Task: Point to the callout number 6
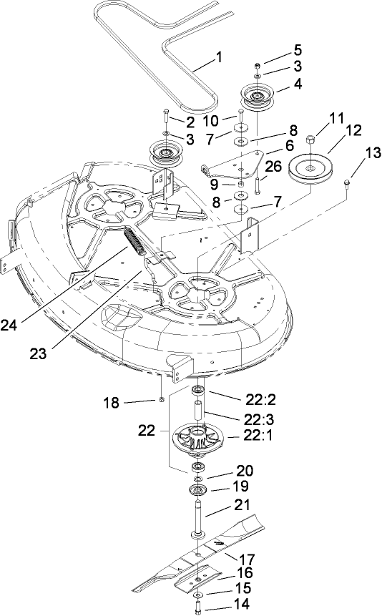pyautogui.click(x=290, y=145)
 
